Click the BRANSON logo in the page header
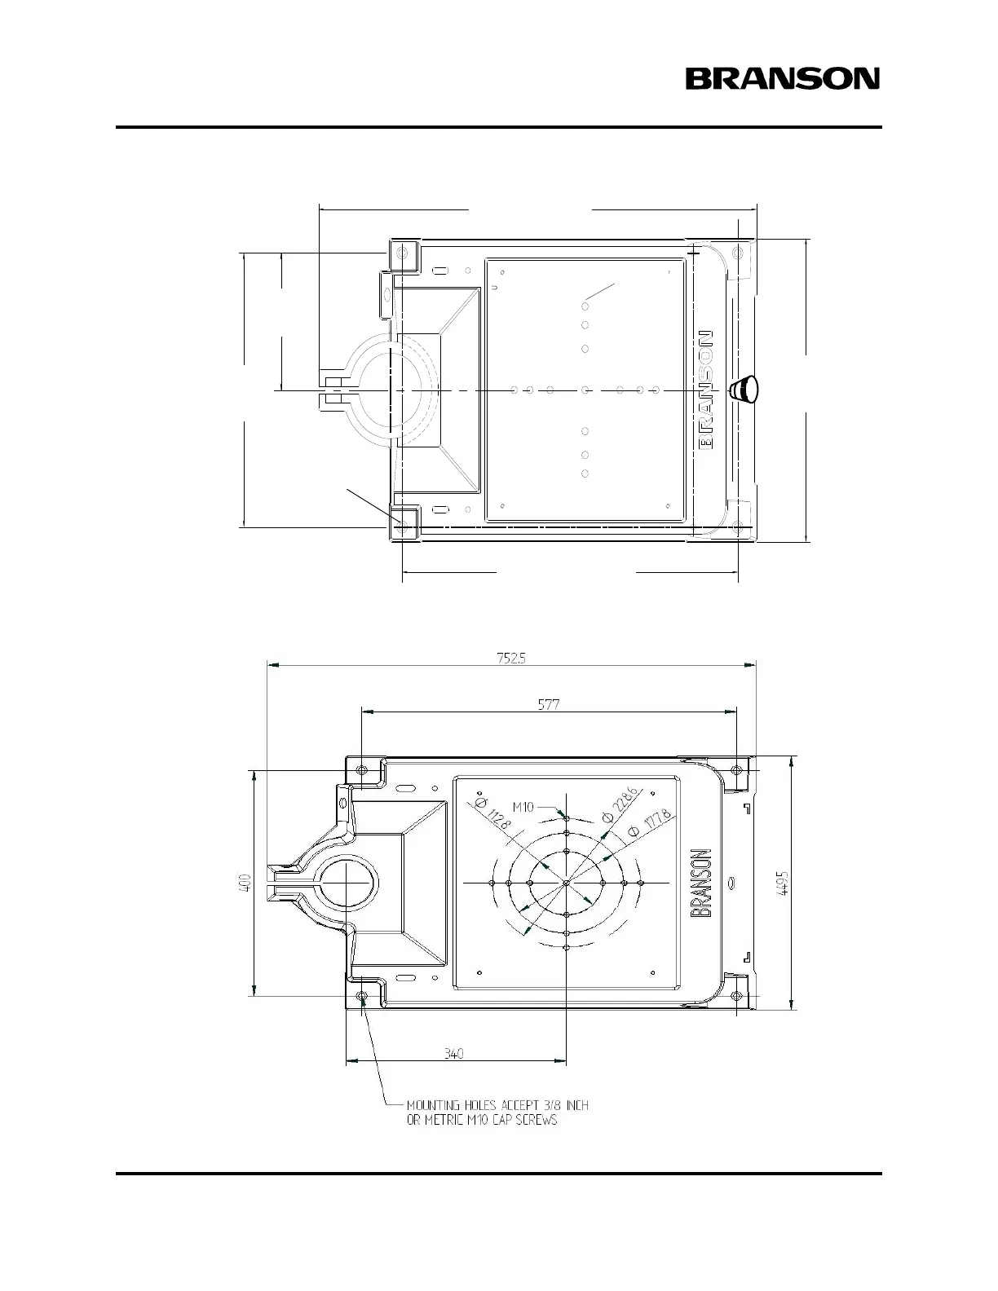coord(782,78)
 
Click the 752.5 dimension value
coord(511,659)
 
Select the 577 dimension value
coord(549,705)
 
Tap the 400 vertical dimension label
coord(245,882)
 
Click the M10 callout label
coord(523,807)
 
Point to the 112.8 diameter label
coord(494,812)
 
